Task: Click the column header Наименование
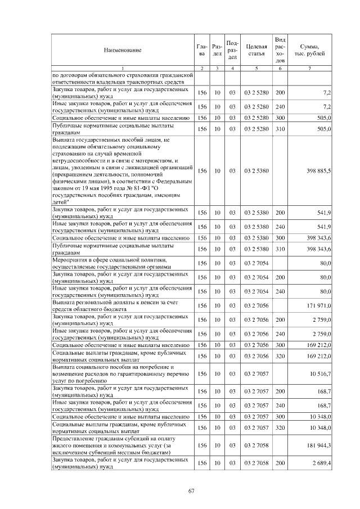(122, 50)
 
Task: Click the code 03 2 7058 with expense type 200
(256, 463)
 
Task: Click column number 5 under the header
(256, 68)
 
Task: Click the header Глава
(202, 50)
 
